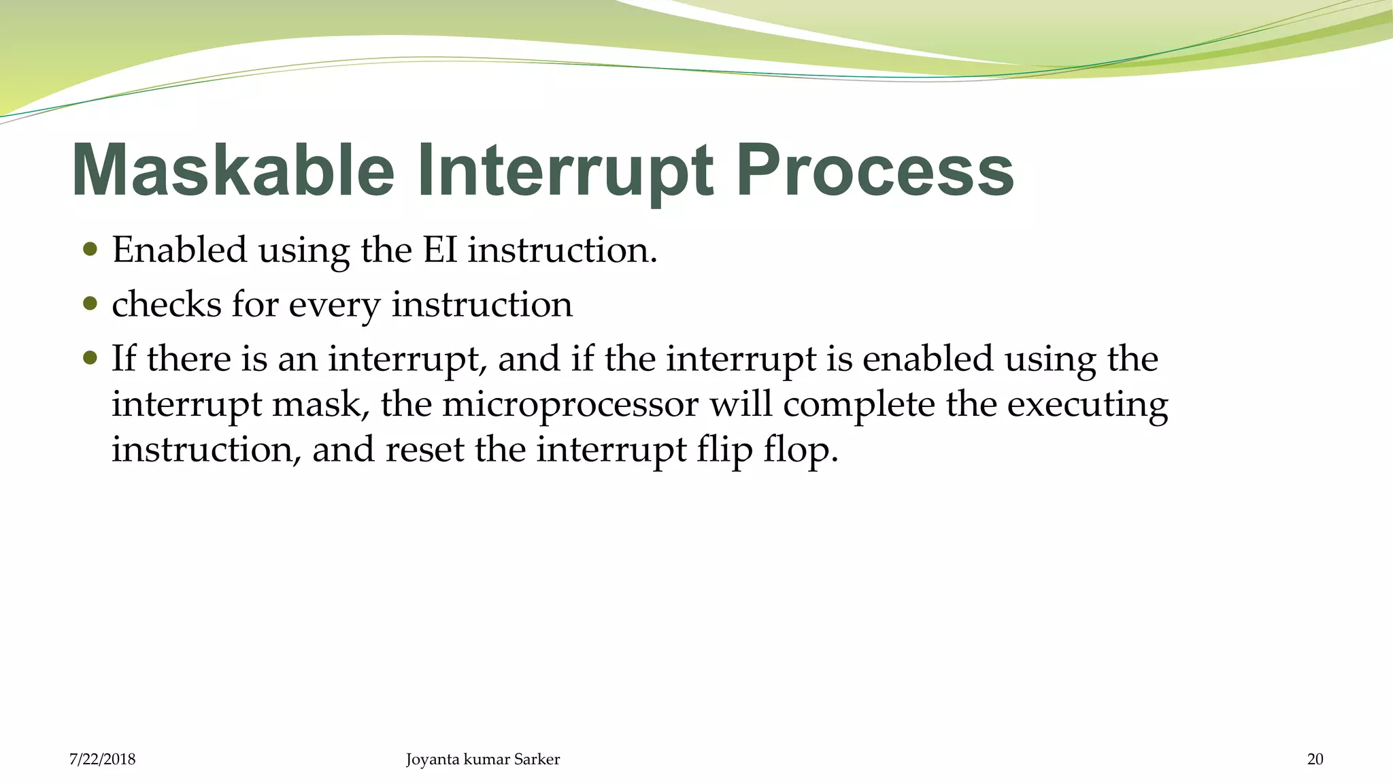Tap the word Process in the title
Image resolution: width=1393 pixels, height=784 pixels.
click(875, 170)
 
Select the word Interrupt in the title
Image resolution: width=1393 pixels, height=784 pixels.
click(565, 170)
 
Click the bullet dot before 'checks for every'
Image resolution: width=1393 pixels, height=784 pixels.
click(90, 303)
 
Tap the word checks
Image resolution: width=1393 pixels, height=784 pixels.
click(166, 304)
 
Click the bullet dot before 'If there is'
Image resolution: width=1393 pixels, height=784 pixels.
click(90, 357)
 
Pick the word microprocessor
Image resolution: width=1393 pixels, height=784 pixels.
click(570, 405)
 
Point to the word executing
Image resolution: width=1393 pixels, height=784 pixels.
click(1087, 405)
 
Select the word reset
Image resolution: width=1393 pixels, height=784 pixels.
click(424, 450)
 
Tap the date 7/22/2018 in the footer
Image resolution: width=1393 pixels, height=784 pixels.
click(102, 759)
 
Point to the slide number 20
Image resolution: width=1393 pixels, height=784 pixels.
click(1315, 759)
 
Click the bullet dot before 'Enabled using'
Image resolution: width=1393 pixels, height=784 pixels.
click(90, 249)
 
